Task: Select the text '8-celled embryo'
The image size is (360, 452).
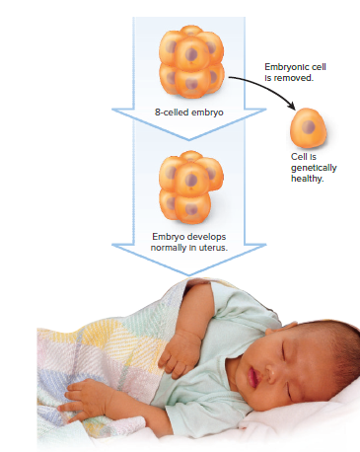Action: (x=189, y=113)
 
